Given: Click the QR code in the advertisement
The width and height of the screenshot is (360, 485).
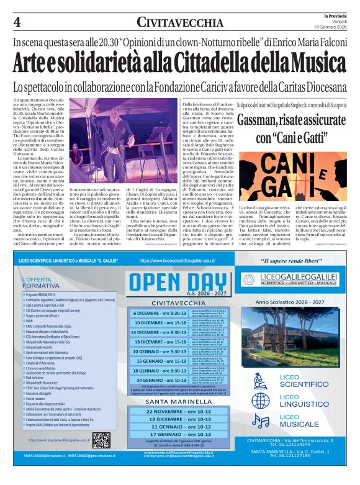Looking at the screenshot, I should click(x=101, y=441).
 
